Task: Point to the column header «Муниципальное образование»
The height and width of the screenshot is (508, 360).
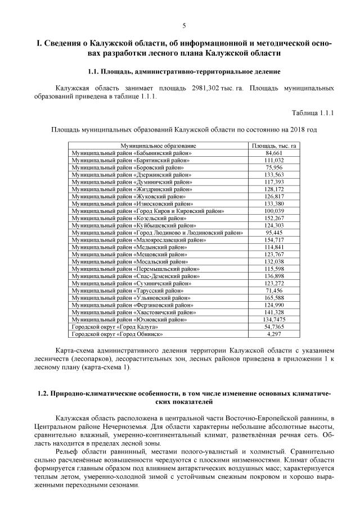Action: (158, 146)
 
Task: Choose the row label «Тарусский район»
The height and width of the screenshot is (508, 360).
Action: (127, 291)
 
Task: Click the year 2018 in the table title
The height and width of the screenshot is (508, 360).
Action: (298, 129)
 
